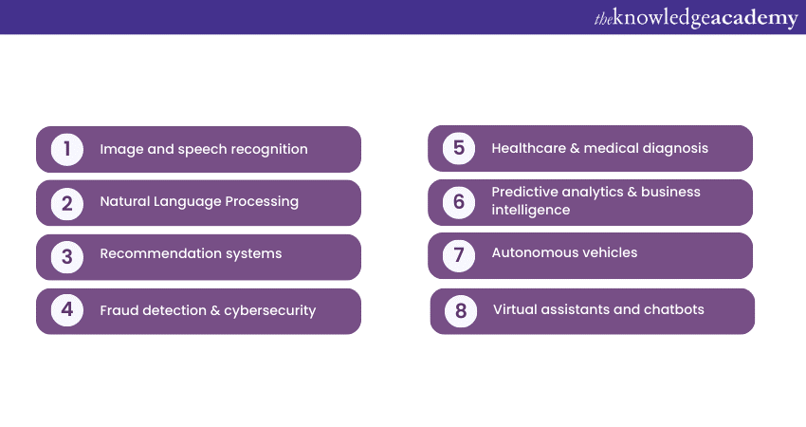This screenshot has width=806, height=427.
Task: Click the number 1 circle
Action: tap(67, 150)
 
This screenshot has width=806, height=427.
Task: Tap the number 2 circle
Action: tap(67, 204)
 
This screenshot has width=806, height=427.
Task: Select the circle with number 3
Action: tap(67, 257)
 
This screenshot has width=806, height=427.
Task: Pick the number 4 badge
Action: tap(67, 310)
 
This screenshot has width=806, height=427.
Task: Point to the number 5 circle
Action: tap(459, 148)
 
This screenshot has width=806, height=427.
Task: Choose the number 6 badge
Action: tap(459, 202)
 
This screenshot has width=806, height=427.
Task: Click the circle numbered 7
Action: tap(459, 255)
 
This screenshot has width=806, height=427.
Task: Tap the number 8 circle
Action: tap(461, 310)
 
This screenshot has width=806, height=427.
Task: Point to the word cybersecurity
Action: tap(270, 310)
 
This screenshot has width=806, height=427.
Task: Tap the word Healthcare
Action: tap(528, 148)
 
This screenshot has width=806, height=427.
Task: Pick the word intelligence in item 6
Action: tap(530, 210)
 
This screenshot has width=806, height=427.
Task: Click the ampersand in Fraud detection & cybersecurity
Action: tap(215, 310)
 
